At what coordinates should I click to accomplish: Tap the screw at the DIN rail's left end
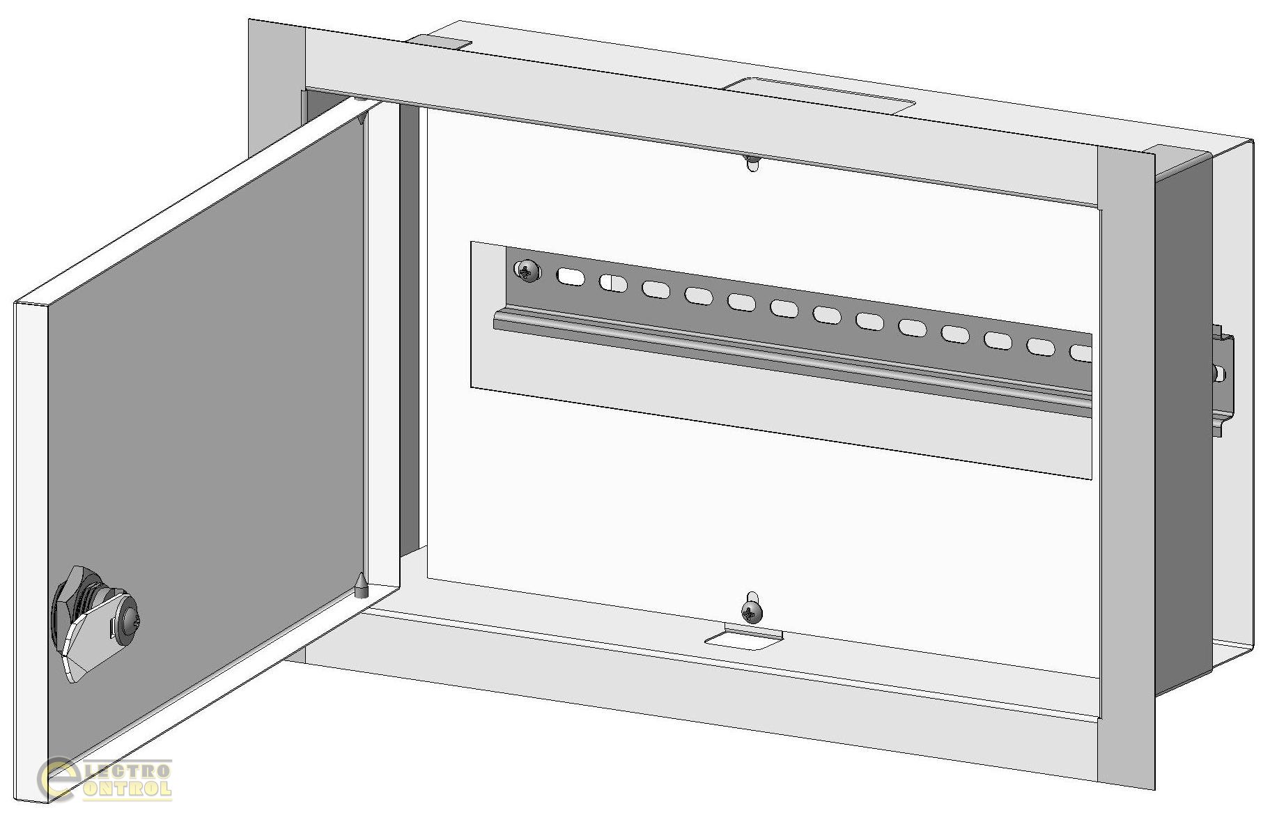(x=528, y=270)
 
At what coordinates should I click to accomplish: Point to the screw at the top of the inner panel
(x=752, y=164)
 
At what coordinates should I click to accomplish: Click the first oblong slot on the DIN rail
(x=570, y=276)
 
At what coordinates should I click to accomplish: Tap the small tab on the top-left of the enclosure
(x=439, y=42)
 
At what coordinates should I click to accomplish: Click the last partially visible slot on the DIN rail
(x=1081, y=354)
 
